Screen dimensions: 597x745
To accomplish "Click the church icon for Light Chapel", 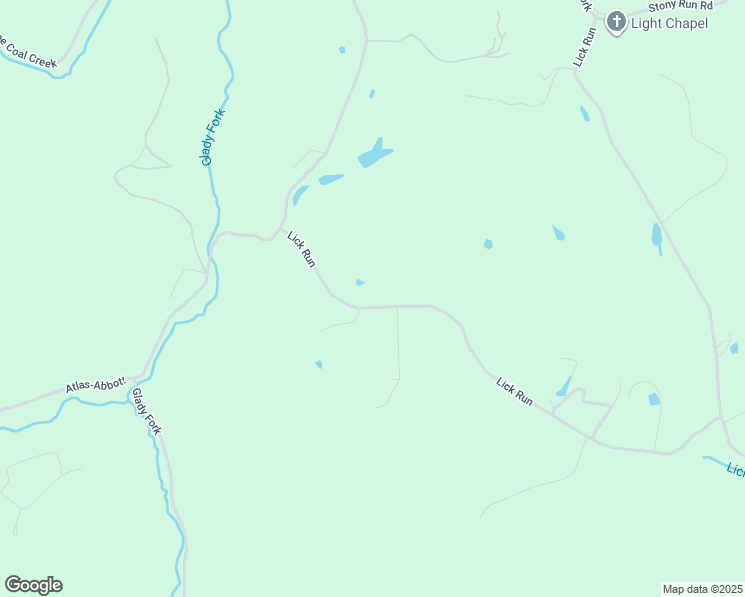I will coord(616,22).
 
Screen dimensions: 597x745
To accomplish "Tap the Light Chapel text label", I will coord(670,23).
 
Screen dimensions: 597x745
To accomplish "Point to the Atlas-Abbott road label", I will coord(96,385).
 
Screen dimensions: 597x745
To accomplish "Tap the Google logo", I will coord(33,585).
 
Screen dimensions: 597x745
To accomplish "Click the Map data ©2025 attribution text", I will coord(702,588).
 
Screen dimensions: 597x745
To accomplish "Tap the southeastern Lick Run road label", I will coord(515,389).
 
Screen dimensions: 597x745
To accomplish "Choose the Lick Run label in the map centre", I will coord(302,249).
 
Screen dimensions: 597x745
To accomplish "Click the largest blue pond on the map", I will coord(374,153).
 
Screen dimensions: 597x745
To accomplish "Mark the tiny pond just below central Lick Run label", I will coord(360,283).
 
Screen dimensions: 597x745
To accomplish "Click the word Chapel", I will coord(686,23).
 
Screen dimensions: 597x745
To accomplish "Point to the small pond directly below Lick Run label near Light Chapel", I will coord(585,114).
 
